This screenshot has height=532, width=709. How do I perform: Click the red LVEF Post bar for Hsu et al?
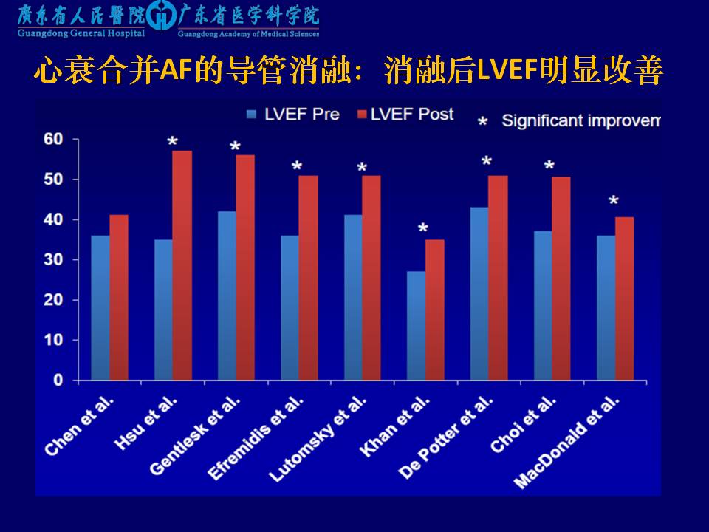(x=182, y=265)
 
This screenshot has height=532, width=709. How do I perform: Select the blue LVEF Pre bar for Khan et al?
(x=416, y=326)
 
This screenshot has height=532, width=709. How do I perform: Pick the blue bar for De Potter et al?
(x=479, y=293)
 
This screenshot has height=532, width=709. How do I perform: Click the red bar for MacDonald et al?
(x=624, y=299)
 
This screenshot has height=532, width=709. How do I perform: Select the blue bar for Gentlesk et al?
(x=226, y=296)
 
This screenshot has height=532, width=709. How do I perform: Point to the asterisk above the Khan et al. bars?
(x=422, y=228)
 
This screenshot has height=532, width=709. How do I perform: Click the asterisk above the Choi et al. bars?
(x=549, y=166)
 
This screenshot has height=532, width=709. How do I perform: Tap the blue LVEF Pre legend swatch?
(x=252, y=114)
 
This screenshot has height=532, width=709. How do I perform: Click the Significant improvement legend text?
(x=580, y=120)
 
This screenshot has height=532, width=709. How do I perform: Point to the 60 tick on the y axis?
(x=53, y=139)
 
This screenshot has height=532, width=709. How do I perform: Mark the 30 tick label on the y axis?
(x=53, y=260)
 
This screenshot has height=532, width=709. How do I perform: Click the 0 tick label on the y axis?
(x=58, y=381)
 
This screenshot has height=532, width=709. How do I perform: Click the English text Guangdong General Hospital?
(x=81, y=33)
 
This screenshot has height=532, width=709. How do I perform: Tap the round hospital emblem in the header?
(x=161, y=16)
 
